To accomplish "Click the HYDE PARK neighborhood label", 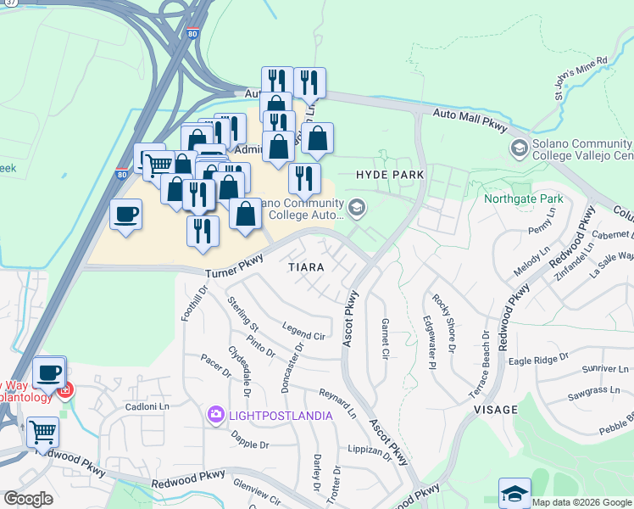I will (x=390, y=173).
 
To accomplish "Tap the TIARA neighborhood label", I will (x=306, y=266).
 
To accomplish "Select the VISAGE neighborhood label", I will (x=495, y=409).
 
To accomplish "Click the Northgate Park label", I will (x=523, y=199).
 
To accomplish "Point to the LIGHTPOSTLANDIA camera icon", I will (x=216, y=414).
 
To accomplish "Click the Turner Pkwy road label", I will (x=235, y=272).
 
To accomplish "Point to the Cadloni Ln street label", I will (x=125, y=406).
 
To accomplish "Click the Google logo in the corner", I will (x=28, y=499).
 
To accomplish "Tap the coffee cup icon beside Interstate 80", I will (x=126, y=213).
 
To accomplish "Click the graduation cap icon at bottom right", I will (x=514, y=492).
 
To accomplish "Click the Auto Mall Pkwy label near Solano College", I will (x=470, y=120).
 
